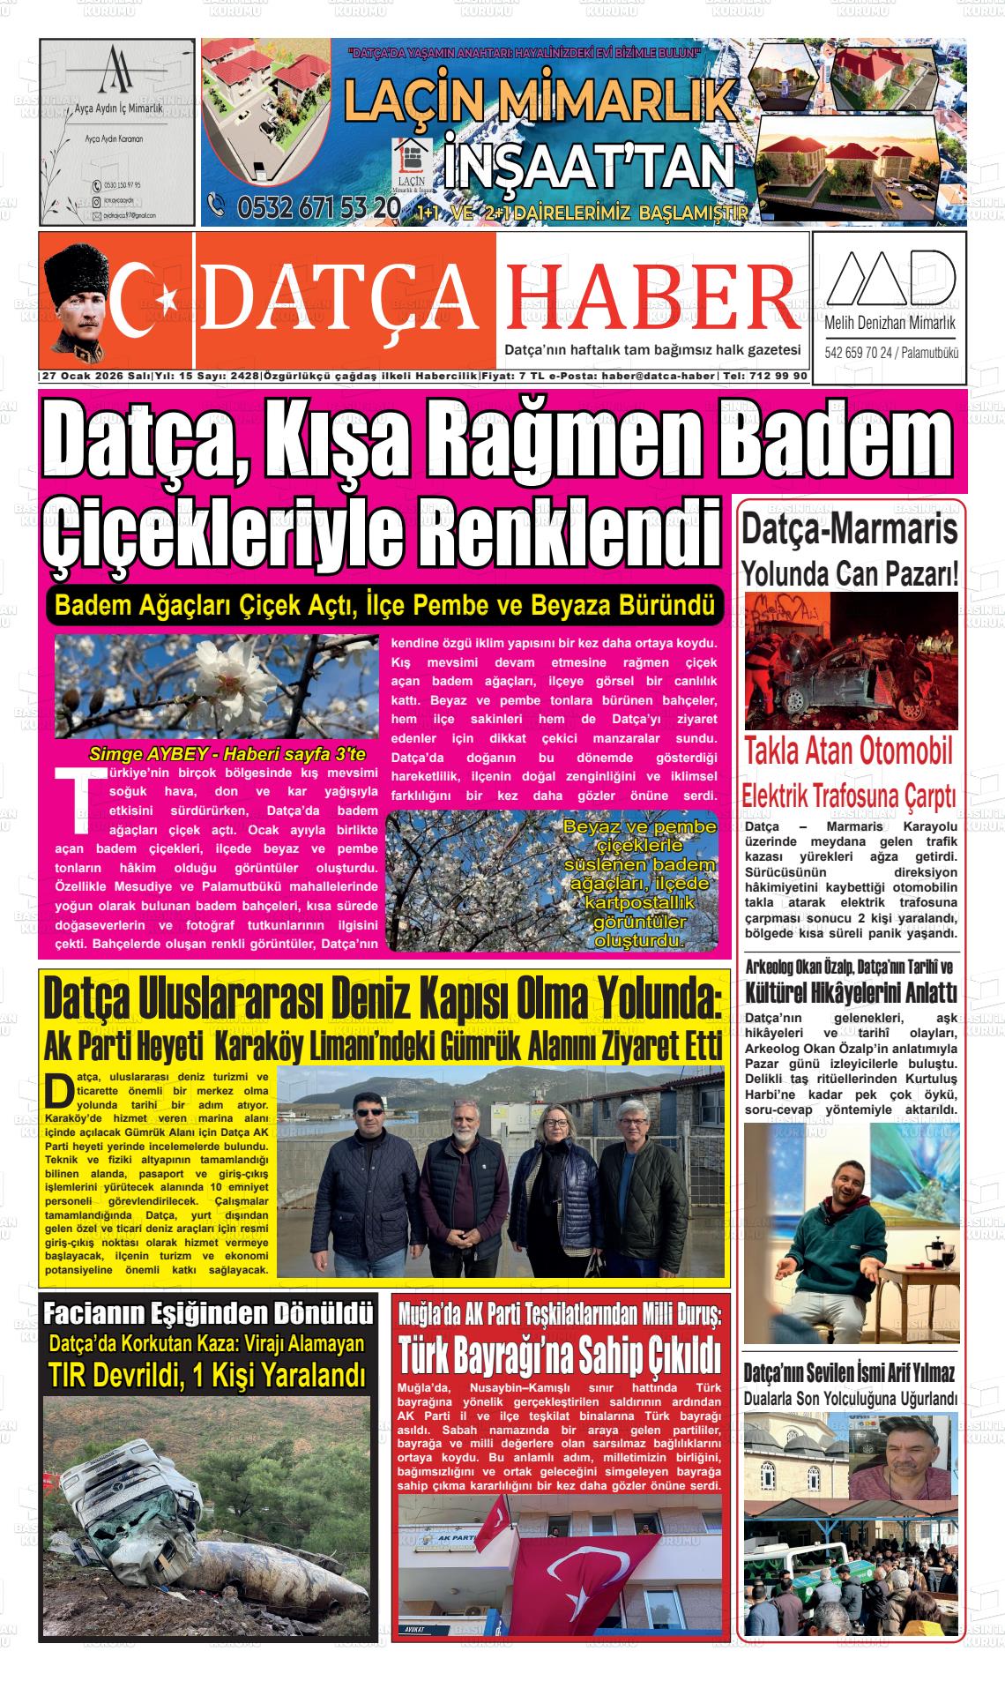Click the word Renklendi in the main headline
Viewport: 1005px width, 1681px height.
click(x=568, y=533)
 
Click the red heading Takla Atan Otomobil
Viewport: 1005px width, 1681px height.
click(x=849, y=751)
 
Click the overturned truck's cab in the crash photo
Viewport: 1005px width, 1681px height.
click(x=132, y=1499)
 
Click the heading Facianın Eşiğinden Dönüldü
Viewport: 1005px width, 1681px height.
click(x=207, y=1313)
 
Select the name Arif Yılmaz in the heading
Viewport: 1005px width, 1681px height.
click(x=913, y=1372)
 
